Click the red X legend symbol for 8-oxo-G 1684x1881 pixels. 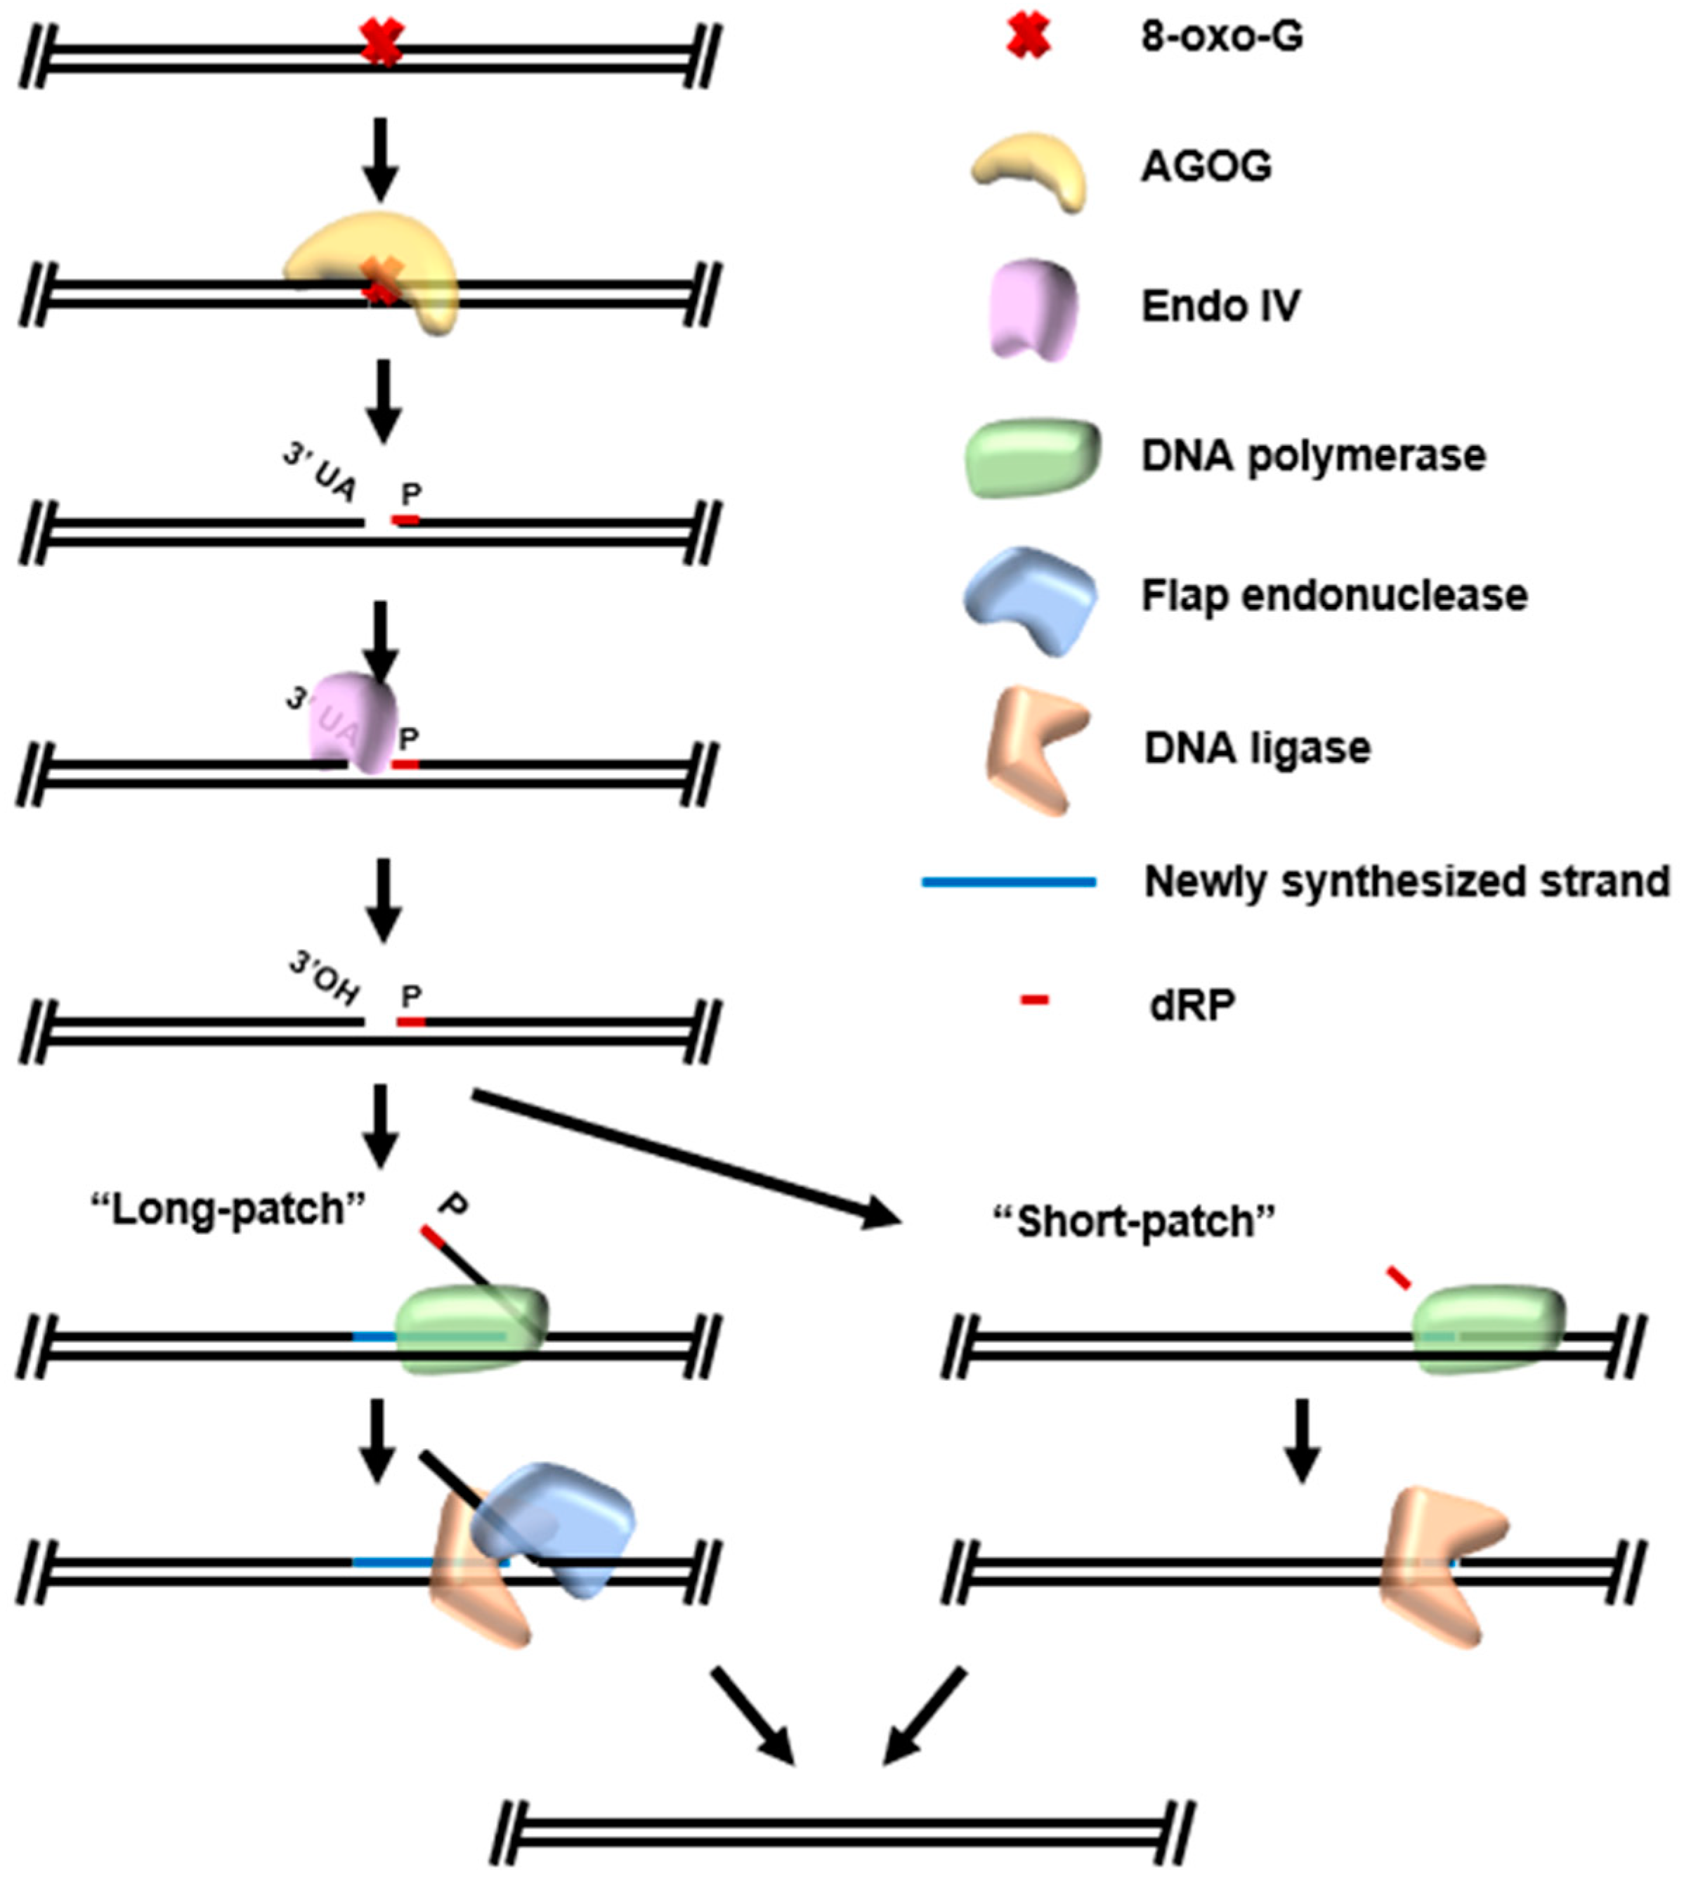[x=1028, y=38]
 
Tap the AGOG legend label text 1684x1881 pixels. [x=1206, y=166]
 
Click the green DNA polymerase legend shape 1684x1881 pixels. [x=1033, y=457]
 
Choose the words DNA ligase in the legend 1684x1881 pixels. [x=1257, y=747]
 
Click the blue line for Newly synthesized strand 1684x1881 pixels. [x=1009, y=881]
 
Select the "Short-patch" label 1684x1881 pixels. [x=1133, y=1221]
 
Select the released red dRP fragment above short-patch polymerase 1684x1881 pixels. [x=1398, y=1278]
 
